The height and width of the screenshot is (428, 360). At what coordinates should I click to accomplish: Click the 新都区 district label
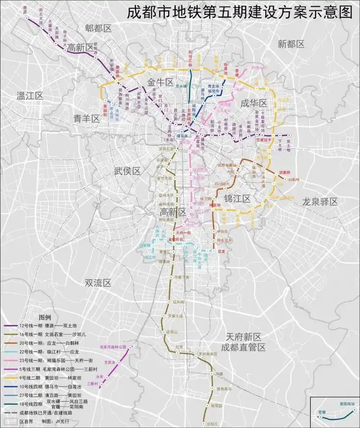[291, 44]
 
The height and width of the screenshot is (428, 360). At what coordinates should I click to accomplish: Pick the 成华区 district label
[254, 103]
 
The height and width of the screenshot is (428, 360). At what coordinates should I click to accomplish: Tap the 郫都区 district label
[98, 28]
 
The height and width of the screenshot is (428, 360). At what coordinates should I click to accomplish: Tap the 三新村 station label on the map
[93, 384]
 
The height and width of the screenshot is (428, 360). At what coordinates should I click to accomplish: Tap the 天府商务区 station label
[208, 354]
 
